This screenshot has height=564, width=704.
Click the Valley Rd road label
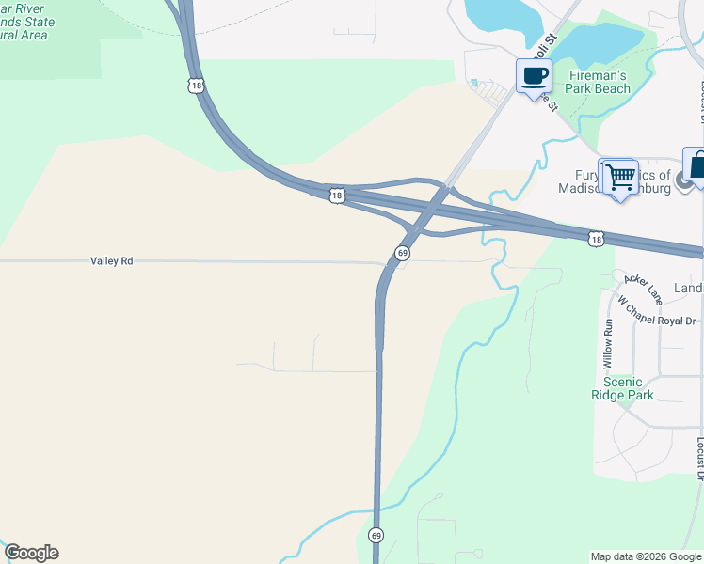(x=112, y=260)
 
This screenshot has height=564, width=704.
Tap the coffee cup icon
(x=535, y=77)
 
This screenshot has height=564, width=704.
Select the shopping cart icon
(x=618, y=177)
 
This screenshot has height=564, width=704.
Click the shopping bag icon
(x=697, y=165)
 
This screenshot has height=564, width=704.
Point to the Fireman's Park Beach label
(x=600, y=82)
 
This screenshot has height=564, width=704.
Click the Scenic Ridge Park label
(x=622, y=388)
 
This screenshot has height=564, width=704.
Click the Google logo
(x=31, y=553)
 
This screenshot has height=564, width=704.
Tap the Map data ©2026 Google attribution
(x=646, y=556)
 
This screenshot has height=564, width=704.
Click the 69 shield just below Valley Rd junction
(x=402, y=253)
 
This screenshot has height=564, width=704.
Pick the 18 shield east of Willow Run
(x=596, y=240)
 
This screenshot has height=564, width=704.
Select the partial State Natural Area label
(x=27, y=21)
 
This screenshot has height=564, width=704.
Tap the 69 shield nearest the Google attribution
(x=376, y=535)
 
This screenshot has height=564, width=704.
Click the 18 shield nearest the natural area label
(x=195, y=86)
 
